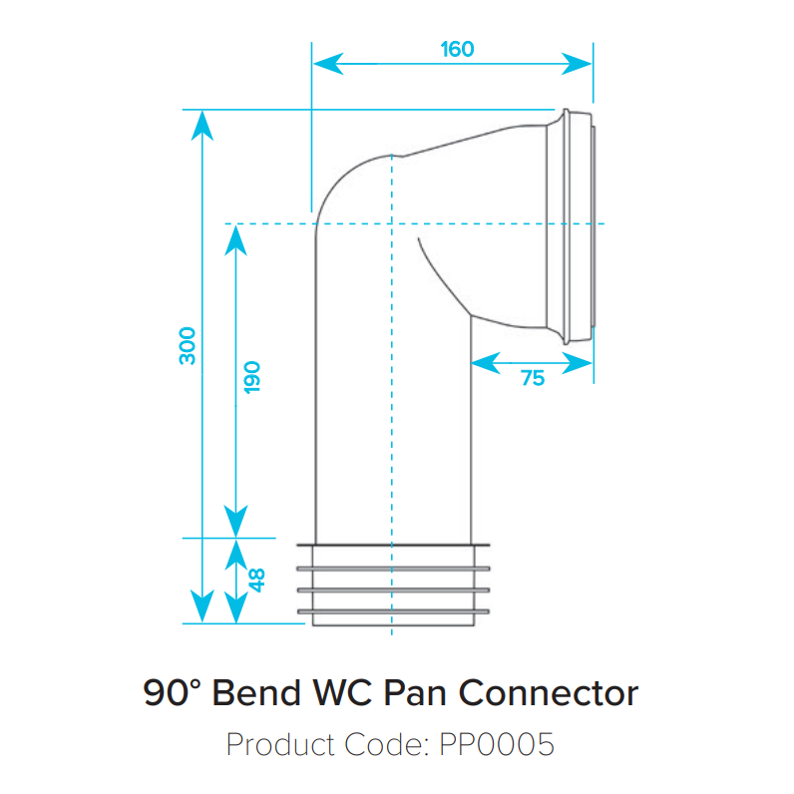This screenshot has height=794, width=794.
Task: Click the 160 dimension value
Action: coord(457,48)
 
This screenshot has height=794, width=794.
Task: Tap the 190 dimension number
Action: coord(251,375)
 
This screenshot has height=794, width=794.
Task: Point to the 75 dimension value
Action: coord(533,378)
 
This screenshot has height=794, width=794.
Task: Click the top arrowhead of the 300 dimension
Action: coord(202,122)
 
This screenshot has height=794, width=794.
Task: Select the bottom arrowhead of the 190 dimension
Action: coord(235,523)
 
